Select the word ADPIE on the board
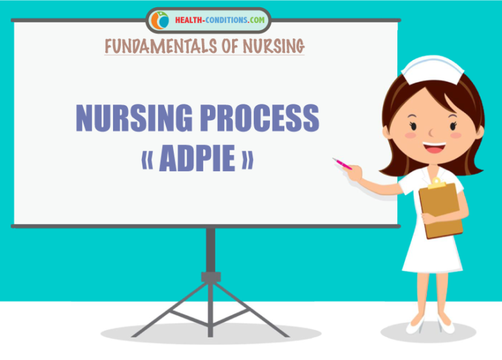pos(197,160)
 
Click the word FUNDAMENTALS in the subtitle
pos(158,46)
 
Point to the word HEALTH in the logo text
pos(188,20)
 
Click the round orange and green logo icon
pos(159,20)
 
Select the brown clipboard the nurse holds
pos(441,208)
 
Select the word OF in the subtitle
pos(230,46)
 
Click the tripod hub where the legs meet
pos(210,277)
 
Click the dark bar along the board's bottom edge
pos(205,225)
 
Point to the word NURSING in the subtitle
pos(274,46)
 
